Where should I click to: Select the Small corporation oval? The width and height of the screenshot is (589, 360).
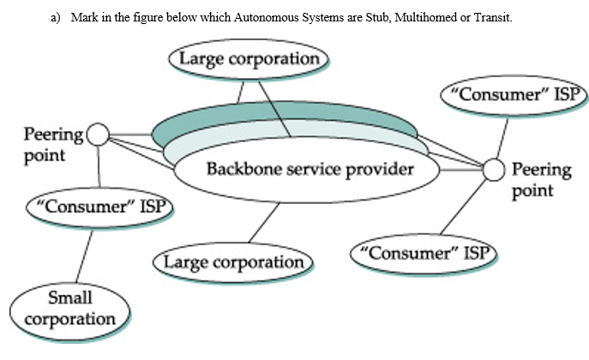coord(70,309)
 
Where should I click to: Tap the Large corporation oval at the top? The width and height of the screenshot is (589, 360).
coord(249,60)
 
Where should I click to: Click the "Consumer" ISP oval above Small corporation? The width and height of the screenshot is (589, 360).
coord(99,206)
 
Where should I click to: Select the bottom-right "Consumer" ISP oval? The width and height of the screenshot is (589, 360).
coord(426,253)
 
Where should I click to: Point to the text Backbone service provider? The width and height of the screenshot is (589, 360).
coord(310,169)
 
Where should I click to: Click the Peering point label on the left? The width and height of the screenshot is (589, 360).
coord(51,144)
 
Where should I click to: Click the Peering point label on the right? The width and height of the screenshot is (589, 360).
coord(541,179)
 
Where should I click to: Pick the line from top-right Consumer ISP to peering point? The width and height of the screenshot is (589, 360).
coord(502,135)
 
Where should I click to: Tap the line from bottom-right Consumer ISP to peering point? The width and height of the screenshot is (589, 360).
coord(464,206)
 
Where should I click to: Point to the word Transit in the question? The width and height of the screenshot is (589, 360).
coord(492,18)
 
